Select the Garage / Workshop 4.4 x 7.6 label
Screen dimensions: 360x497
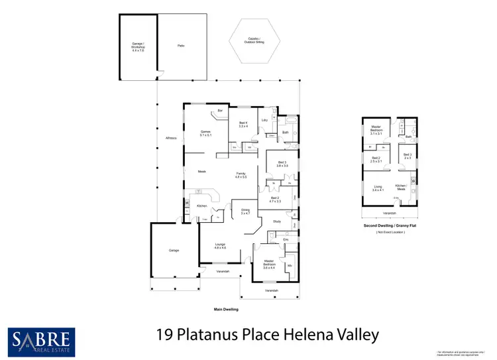click(x=137, y=46)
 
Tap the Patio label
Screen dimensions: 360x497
click(x=180, y=45)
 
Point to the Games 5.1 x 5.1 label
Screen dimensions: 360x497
click(x=205, y=133)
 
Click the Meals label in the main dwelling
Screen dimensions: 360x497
click(x=202, y=172)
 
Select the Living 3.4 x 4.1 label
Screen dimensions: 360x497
click(x=377, y=188)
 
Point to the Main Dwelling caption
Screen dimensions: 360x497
click(x=225, y=310)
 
